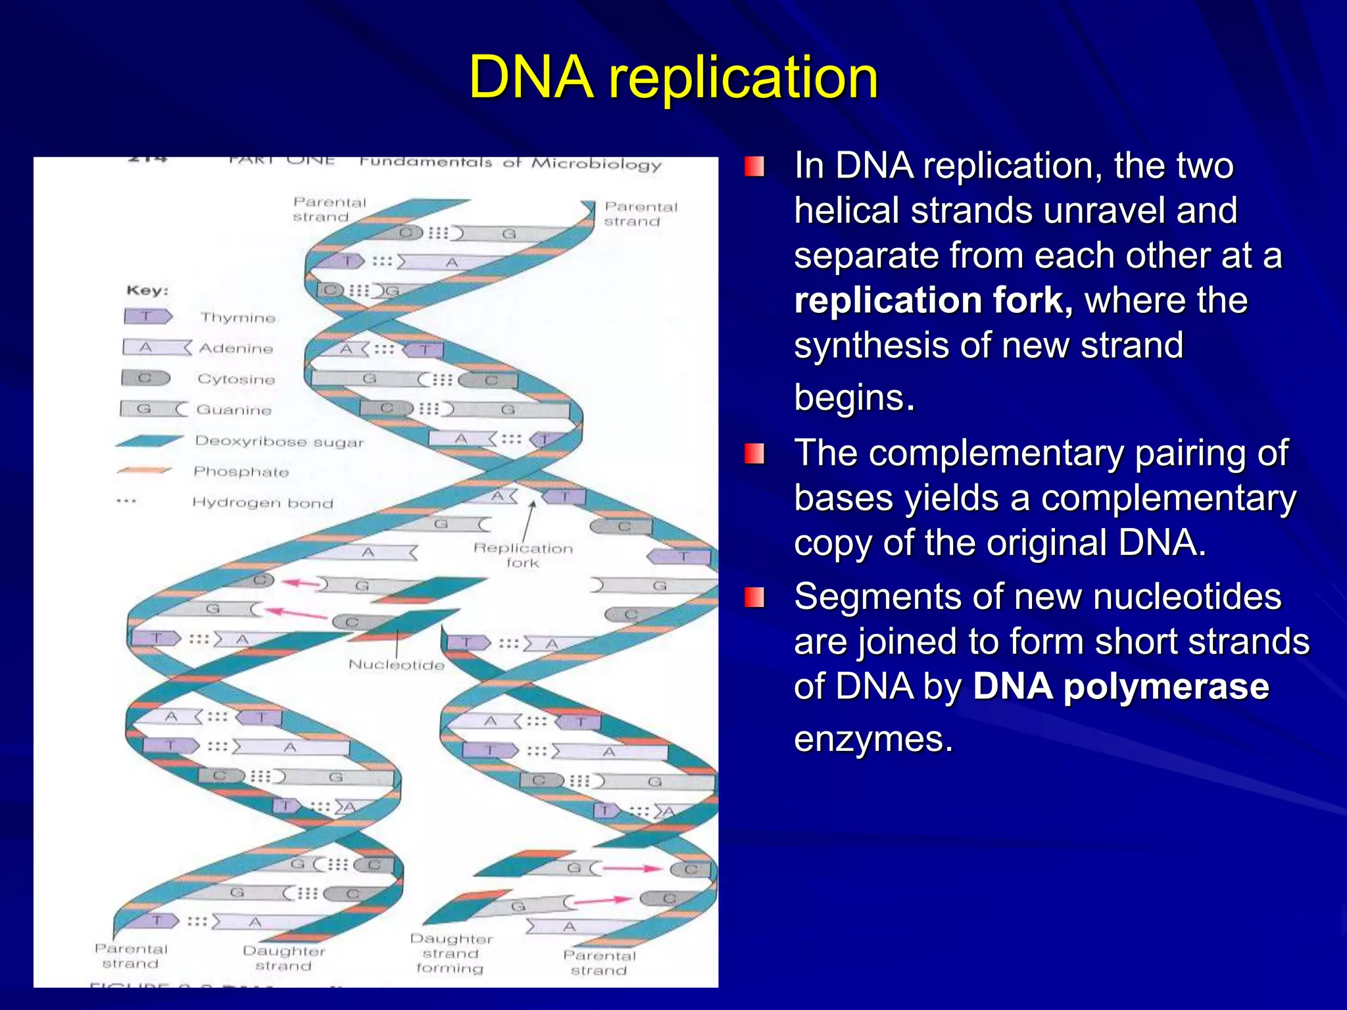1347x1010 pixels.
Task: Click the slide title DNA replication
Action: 673,78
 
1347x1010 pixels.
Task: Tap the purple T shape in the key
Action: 147,317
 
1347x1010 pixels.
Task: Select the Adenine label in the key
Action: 236,349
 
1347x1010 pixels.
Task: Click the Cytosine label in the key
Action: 236,379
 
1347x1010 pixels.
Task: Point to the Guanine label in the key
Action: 234,410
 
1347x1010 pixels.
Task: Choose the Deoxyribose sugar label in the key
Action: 279,441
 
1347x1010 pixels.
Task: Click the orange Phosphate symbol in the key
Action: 143,471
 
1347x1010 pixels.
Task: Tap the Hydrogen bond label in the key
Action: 262,503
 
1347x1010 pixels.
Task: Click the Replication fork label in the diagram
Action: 523,555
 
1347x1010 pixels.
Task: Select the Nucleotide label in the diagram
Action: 396,665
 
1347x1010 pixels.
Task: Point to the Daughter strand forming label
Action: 451,953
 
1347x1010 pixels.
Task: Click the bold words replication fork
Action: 933,301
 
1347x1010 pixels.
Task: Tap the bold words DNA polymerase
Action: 1120,687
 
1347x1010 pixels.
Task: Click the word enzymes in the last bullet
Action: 873,739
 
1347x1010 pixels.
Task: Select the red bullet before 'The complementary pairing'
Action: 754,454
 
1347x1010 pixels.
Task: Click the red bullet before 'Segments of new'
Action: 754,597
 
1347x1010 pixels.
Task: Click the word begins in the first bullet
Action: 854,397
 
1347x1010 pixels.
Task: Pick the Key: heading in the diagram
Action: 147,291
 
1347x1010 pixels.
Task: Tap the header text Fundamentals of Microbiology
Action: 510,163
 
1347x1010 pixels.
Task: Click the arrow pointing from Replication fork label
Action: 529,519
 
